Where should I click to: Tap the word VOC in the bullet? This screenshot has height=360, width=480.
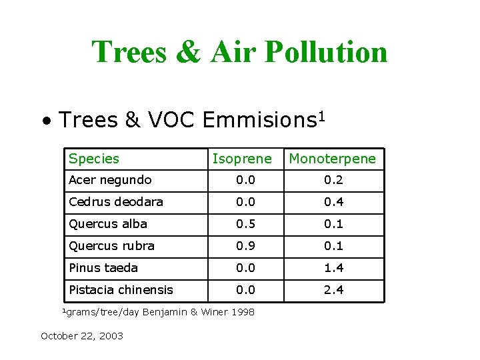tap(170, 120)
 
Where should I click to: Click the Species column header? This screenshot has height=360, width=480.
tap(93, 159)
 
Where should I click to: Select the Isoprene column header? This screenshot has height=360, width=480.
tap(242, 159)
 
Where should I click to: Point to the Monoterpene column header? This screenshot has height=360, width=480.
tap(332, 159)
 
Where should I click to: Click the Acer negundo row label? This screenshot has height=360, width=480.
tap(110, 180)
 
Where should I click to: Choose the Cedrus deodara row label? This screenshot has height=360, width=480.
tap(115, 202)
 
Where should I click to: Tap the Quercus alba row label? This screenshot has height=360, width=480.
tap(107, 224)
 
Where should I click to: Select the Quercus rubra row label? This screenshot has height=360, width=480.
tap(111, 246)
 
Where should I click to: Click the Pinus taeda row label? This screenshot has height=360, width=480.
tap(103, 268)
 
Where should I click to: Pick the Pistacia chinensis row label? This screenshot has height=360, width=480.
tap(121, 290)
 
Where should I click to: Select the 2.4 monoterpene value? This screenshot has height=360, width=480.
tap(333, 290)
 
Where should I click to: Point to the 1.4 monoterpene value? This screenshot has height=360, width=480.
tap(333, 268)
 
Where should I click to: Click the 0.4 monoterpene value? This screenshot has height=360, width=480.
tap(333, 202)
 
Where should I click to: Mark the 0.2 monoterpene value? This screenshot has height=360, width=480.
tap(333, 180)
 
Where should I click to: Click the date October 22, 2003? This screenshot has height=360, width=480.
tap(82, 336)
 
